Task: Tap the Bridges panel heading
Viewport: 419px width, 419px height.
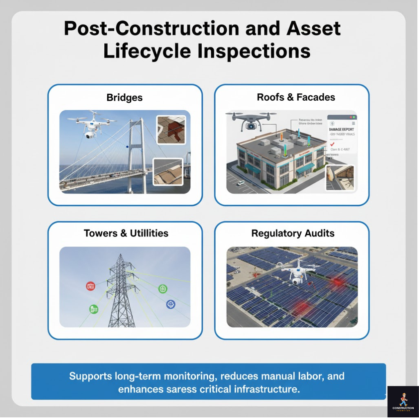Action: tap(124, 98)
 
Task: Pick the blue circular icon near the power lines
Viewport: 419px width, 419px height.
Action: tap(171, 304)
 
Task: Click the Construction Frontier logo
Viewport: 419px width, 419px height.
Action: tap(403, 401)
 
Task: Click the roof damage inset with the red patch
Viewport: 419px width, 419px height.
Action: tap(171, 129)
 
